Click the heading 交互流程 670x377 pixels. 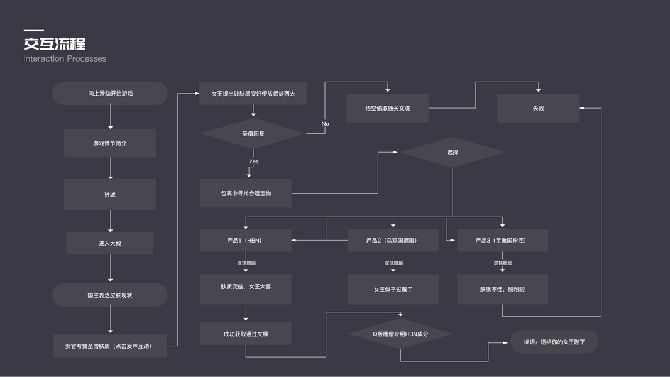pyautogui.click(x=55, y=44)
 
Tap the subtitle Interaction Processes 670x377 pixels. pyautogui.click(x=65, y=58)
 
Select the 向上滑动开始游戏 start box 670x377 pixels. pyautogui.click(x=110, y=93)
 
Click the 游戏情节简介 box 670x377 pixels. pyautogui.click(x=110, y=143)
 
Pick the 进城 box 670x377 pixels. pyautogui.click(x=110, y=195)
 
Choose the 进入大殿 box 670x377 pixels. pyautogui.click(x=110, y=243)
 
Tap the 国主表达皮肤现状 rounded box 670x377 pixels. pyautogui.click(x=110, y=295)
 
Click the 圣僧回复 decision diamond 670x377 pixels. pyautogui.click(x=253, y=134)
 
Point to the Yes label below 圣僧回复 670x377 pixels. pyautogui.click(x=253, y=161)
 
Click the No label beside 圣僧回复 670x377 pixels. pyautogui.click(x=325, y=124)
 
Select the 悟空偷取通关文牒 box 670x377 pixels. pyautogui.click(x=387, y=108)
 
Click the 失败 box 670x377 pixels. pyautogui.click(x=538, y=108)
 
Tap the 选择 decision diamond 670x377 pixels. pyautogui.click(x=452, y=153)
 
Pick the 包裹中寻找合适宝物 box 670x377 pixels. pyautogui.click(x=246, y=194)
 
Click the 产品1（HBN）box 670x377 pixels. pyautogui.click(x=246, y=240)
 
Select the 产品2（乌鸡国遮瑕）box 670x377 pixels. pyautogui.click(x=393, y=240)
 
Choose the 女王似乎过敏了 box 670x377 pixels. pyautogui.click(x=393, y=290)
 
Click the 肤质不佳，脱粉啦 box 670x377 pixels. pyautogui.click(x=502, y=290)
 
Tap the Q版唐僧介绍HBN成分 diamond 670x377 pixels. pyautogui.click(x=400, y=334)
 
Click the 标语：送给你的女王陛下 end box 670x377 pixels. pyautogui.click(x=554, y=342)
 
